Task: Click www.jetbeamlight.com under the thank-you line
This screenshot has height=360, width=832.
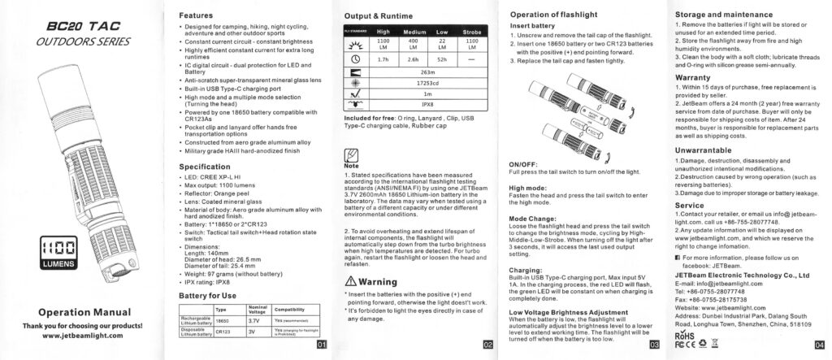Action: [x=80, y=336]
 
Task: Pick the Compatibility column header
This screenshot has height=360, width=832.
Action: [x=289, y=310]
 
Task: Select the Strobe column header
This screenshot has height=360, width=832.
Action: [x=472, y=32]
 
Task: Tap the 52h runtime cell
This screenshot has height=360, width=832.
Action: [x=442, y=59]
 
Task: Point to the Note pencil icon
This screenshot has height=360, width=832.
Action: [x=351, y=156]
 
